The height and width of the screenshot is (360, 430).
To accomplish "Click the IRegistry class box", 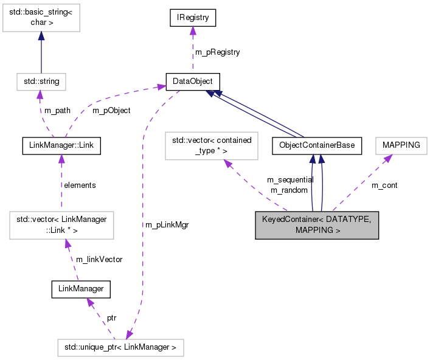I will click(193, 18).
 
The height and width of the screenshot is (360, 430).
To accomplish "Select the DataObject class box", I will click(193, 81).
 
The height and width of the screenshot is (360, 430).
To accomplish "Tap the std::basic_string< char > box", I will click(40, 19).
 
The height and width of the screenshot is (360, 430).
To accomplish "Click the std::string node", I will click(41, 81).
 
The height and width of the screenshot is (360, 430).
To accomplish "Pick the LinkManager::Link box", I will click(60, 146).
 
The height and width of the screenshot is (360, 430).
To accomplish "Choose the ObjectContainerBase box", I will click(317, 146).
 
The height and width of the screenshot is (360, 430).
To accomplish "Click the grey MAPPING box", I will click(401, 146).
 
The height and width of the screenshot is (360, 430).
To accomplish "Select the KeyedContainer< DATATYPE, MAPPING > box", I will click(317, 226).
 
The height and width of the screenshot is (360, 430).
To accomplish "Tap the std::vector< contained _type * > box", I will click(211, 146).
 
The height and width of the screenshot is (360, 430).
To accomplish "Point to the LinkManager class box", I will click(81, 289).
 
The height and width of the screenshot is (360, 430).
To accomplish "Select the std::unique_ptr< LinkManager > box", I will click(120, 348).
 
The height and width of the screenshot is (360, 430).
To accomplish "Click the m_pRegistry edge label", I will click(217, 52).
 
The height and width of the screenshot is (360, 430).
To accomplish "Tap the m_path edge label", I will click(57, 111).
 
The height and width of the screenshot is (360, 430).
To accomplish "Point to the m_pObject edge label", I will click(111, 111).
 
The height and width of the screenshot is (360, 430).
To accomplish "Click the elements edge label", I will click(80, 185).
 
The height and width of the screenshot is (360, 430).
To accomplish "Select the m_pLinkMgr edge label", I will click(167, 225).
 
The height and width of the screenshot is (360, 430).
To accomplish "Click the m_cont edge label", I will click(384, 185).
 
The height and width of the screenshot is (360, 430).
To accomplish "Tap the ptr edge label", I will click(111, 318).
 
